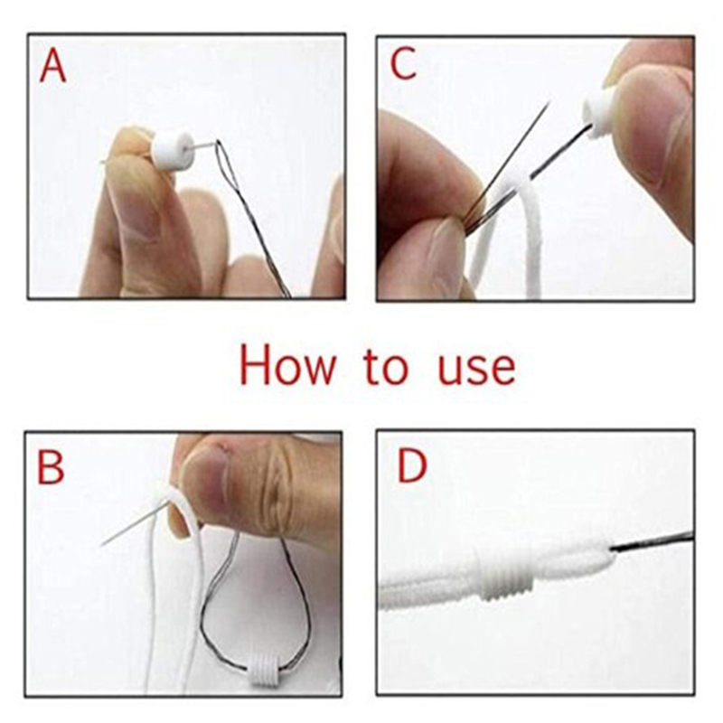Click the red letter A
52,66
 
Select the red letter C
403,63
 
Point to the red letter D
412,465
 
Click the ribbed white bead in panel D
505,574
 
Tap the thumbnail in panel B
206,484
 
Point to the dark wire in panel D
653,542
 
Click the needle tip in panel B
101,546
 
